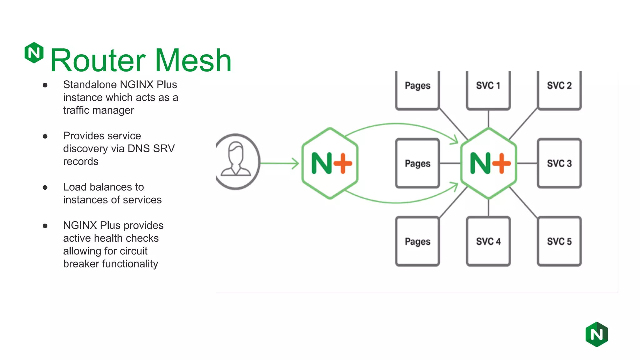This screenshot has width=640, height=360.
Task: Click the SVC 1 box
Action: [x=488, y=90]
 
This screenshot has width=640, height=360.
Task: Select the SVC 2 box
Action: [x=559, y=90]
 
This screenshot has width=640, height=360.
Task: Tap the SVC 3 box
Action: [x=559, y=163]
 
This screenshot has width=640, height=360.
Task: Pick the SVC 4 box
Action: [x=488, y=241]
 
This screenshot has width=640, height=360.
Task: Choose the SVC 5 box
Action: [x=559, y=241]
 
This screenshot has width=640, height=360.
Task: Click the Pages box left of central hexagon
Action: [x=417, y=163]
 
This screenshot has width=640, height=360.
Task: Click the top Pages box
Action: [x=417, y=90]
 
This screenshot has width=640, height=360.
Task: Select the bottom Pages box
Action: [x=417, y=241]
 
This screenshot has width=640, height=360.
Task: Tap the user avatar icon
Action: [x=236, y=161]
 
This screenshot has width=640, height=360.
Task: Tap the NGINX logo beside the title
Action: [x=34, y=52]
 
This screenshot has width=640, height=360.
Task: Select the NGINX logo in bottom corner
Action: [x=597, y=334]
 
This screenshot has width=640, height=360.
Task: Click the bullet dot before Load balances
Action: [x=45, y=187]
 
